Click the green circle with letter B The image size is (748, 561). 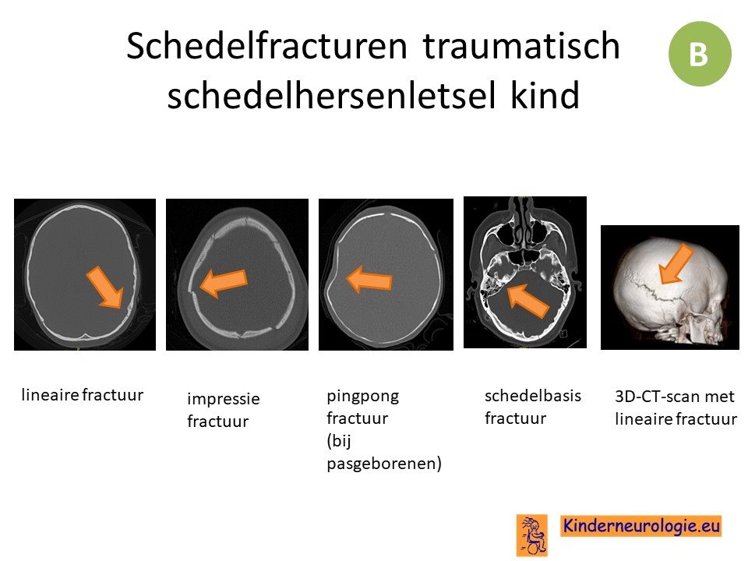click(x=700, y=54)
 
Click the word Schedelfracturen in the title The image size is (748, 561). click(x=266, y=46)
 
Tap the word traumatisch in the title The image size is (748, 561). click(x=521, y=46)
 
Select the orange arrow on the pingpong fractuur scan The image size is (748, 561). click(x=369, y=280)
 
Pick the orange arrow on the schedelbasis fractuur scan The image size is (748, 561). click(x=528, y=301)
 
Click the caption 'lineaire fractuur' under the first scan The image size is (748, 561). click(x=83, y=395)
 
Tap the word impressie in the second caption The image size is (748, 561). click(x=224, y=399)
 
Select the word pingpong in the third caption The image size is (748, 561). click(x=363, y=397)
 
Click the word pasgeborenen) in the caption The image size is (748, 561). click(x=384, y=464)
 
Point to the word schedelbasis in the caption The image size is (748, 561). click(x=533, y=396)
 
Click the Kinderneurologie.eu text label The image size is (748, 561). click(x=641, y=526)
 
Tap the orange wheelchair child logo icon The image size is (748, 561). click(x=532, y=535)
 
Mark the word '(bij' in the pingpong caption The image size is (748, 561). click(x=339, y=441)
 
